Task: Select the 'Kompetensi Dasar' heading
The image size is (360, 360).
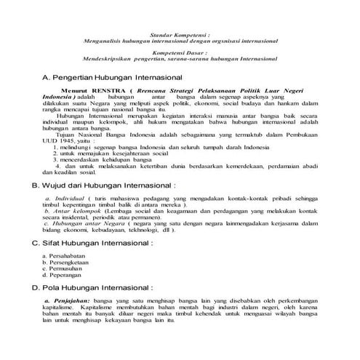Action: coord(179,53)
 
